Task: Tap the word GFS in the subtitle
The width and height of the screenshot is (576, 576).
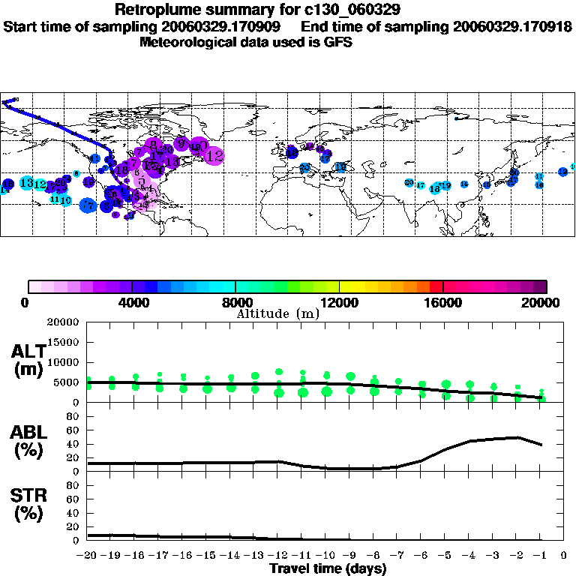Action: (337, 42)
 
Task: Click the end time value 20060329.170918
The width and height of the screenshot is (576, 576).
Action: (512, 26)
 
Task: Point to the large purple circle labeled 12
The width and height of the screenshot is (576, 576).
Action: (214, 156)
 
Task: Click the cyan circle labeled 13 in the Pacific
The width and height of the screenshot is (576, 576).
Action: (26, 183)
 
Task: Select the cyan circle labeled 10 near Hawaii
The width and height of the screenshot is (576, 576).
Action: (65, 200)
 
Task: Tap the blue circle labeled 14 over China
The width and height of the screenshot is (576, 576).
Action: (464, 184)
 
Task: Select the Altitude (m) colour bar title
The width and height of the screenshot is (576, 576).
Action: (277, 313)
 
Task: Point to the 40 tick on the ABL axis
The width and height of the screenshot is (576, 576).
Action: (73, 444)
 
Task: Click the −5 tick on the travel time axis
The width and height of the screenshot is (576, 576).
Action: (445, 556)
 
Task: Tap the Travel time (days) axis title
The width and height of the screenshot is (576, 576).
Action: (328, 568)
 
